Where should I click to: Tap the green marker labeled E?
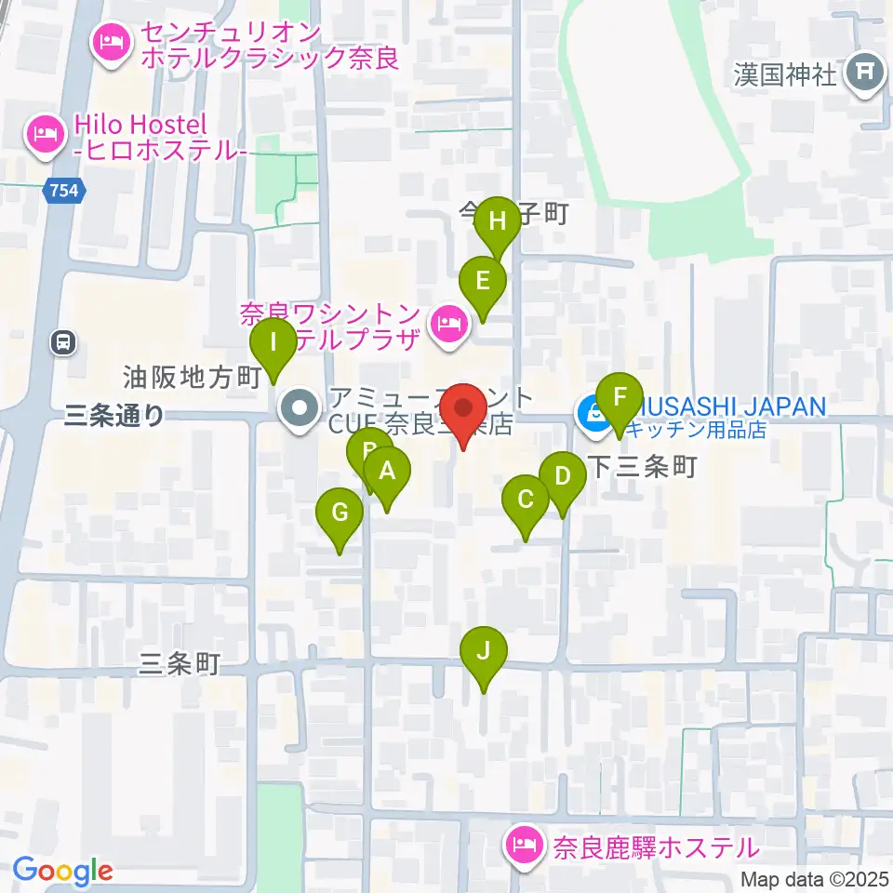(483, 280)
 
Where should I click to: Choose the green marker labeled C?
(526, 500)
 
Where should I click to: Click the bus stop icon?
(63, 342)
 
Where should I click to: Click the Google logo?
(62, 872)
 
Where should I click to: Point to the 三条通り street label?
(114, 416)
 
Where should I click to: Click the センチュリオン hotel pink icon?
(110, 41)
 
